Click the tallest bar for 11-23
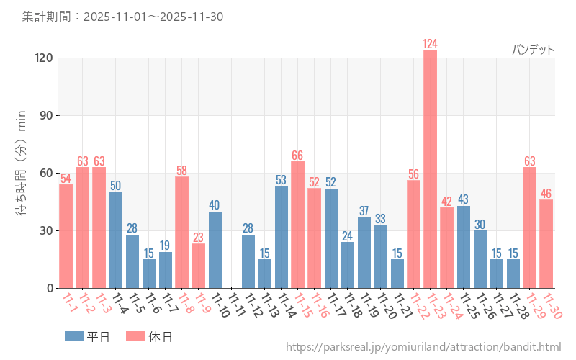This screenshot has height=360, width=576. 430,169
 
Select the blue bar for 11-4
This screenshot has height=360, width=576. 116,240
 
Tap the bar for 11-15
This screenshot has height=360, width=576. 298,225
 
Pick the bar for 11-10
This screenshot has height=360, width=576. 215,250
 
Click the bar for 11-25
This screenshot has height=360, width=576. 463,247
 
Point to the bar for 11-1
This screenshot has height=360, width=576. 66,236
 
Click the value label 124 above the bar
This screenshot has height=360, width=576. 430,44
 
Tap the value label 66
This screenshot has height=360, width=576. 298,156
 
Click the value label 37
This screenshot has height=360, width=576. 364,211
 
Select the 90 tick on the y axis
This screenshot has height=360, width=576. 43,116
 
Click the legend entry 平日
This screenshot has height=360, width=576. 87,336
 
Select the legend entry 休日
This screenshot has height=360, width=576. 148,336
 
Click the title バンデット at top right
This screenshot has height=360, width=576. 533,50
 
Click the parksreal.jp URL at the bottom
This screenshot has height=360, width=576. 423,348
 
